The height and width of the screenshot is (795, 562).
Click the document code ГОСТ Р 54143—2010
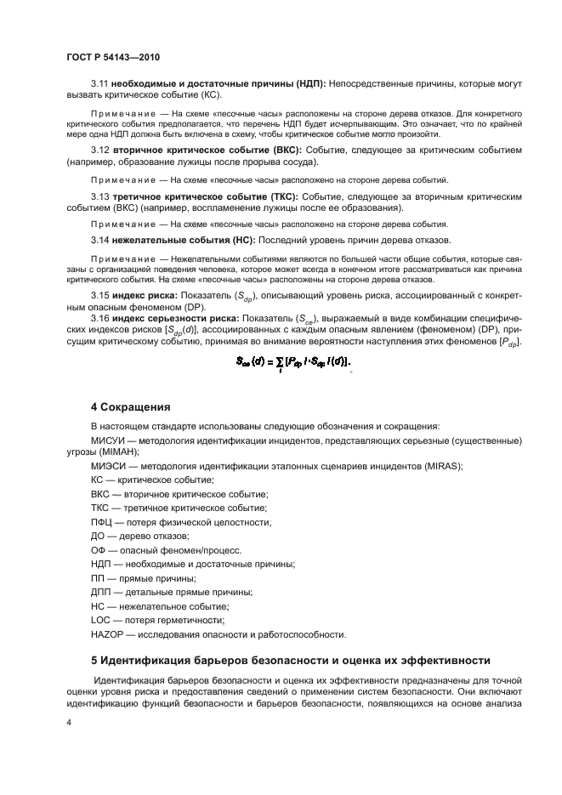coord(113,56)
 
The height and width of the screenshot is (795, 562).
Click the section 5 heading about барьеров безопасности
coord(291,659)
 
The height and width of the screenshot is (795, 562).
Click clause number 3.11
coord(100,84)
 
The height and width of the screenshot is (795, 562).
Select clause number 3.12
coord(100,150)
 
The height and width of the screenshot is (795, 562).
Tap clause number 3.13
coord(100,196)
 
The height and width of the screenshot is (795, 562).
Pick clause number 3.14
coord(100,241)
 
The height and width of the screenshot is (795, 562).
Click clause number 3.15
coord(100,295)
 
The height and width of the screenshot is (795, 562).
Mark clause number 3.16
coord(100,318)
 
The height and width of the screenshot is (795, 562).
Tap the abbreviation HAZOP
coord(108,633)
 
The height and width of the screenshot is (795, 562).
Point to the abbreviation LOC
coord(100,621)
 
